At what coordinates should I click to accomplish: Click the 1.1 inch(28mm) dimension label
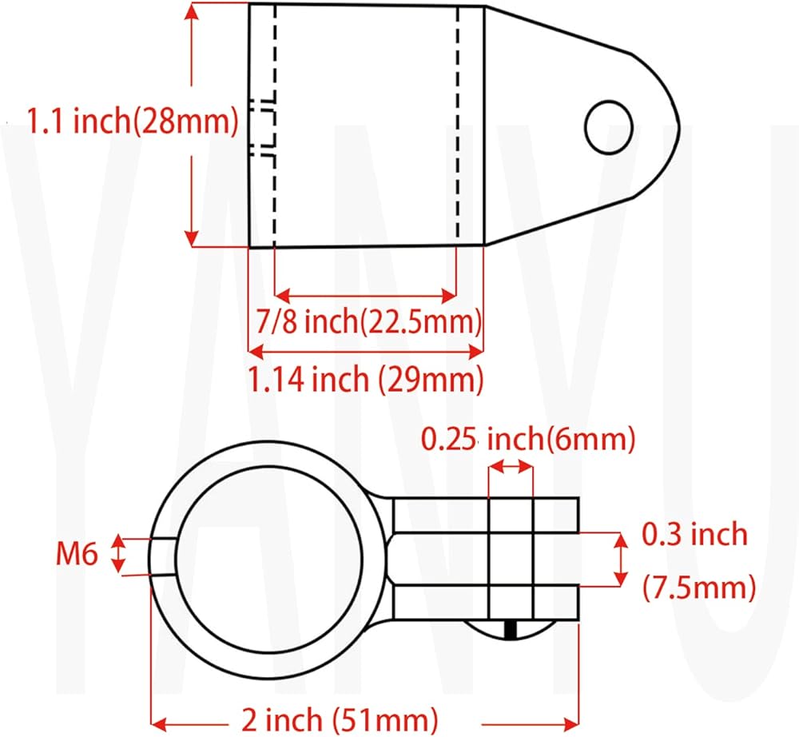pos(133,121)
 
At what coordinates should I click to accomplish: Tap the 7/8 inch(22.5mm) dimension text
pos(368,321)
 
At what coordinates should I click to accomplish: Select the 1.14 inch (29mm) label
pos(366,379)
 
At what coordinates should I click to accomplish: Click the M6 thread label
pos(77,553)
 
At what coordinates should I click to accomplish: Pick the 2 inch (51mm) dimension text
pos(340,719)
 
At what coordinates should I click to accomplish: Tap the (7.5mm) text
pos(699,588)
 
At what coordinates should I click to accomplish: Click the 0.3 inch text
pos(694,534)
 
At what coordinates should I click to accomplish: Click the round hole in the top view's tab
pos(609,127)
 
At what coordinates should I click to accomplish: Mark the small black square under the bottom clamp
pos(511,629)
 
